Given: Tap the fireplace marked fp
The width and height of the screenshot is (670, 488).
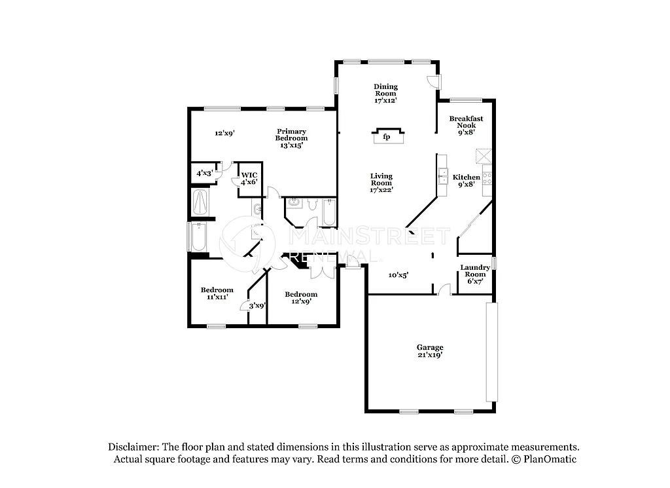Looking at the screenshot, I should pos(387,136).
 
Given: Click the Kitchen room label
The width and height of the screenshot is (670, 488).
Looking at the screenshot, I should pos(467,178).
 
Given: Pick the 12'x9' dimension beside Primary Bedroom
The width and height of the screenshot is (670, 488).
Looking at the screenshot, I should pos(224,133).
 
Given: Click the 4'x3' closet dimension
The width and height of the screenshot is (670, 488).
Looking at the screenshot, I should pos(204,174).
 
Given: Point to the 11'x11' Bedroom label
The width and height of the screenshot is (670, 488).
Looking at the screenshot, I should pos(217,293).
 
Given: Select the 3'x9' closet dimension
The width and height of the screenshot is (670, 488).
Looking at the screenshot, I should pos(256,305).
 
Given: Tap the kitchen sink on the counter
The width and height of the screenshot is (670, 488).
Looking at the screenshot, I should pos(442,174).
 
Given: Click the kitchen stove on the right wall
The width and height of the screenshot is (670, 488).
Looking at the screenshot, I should pos(487,176).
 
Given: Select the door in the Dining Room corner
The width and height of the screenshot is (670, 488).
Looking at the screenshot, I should pos(433,81).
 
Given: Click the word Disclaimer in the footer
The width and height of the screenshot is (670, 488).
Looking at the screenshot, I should pos(133,447).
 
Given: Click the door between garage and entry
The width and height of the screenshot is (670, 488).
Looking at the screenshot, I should pos(444,290).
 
